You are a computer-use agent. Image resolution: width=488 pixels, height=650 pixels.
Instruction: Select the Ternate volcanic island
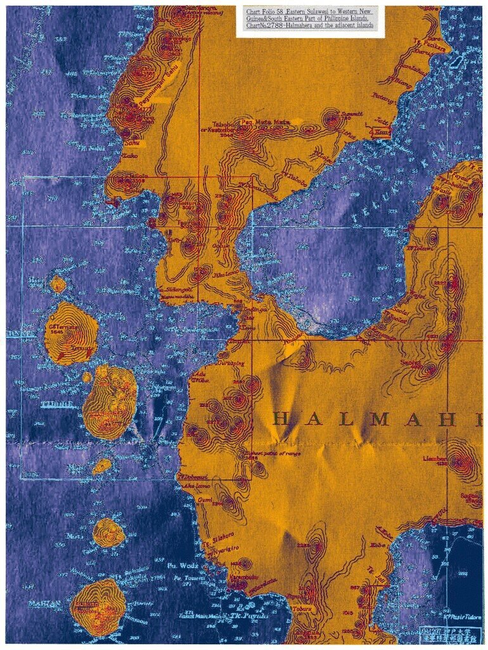70,333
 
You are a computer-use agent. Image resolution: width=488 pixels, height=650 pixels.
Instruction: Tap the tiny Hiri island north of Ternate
58,284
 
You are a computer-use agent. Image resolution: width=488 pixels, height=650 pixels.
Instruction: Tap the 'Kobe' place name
378,544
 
